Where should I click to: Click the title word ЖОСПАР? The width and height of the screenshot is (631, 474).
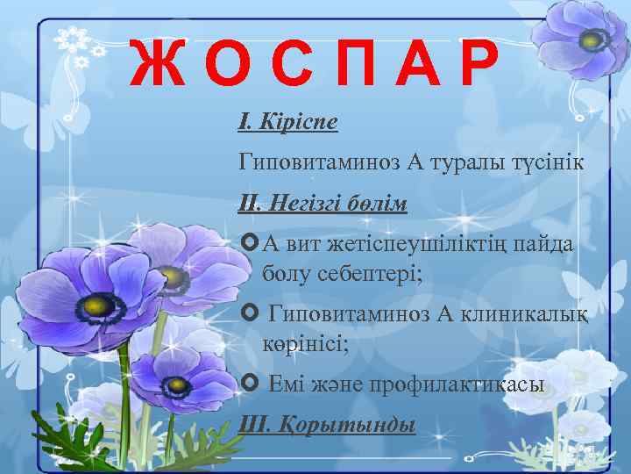(314, 66)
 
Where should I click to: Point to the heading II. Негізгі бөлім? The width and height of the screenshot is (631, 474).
(323, 205)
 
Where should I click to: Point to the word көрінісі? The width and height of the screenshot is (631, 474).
(305, 343)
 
